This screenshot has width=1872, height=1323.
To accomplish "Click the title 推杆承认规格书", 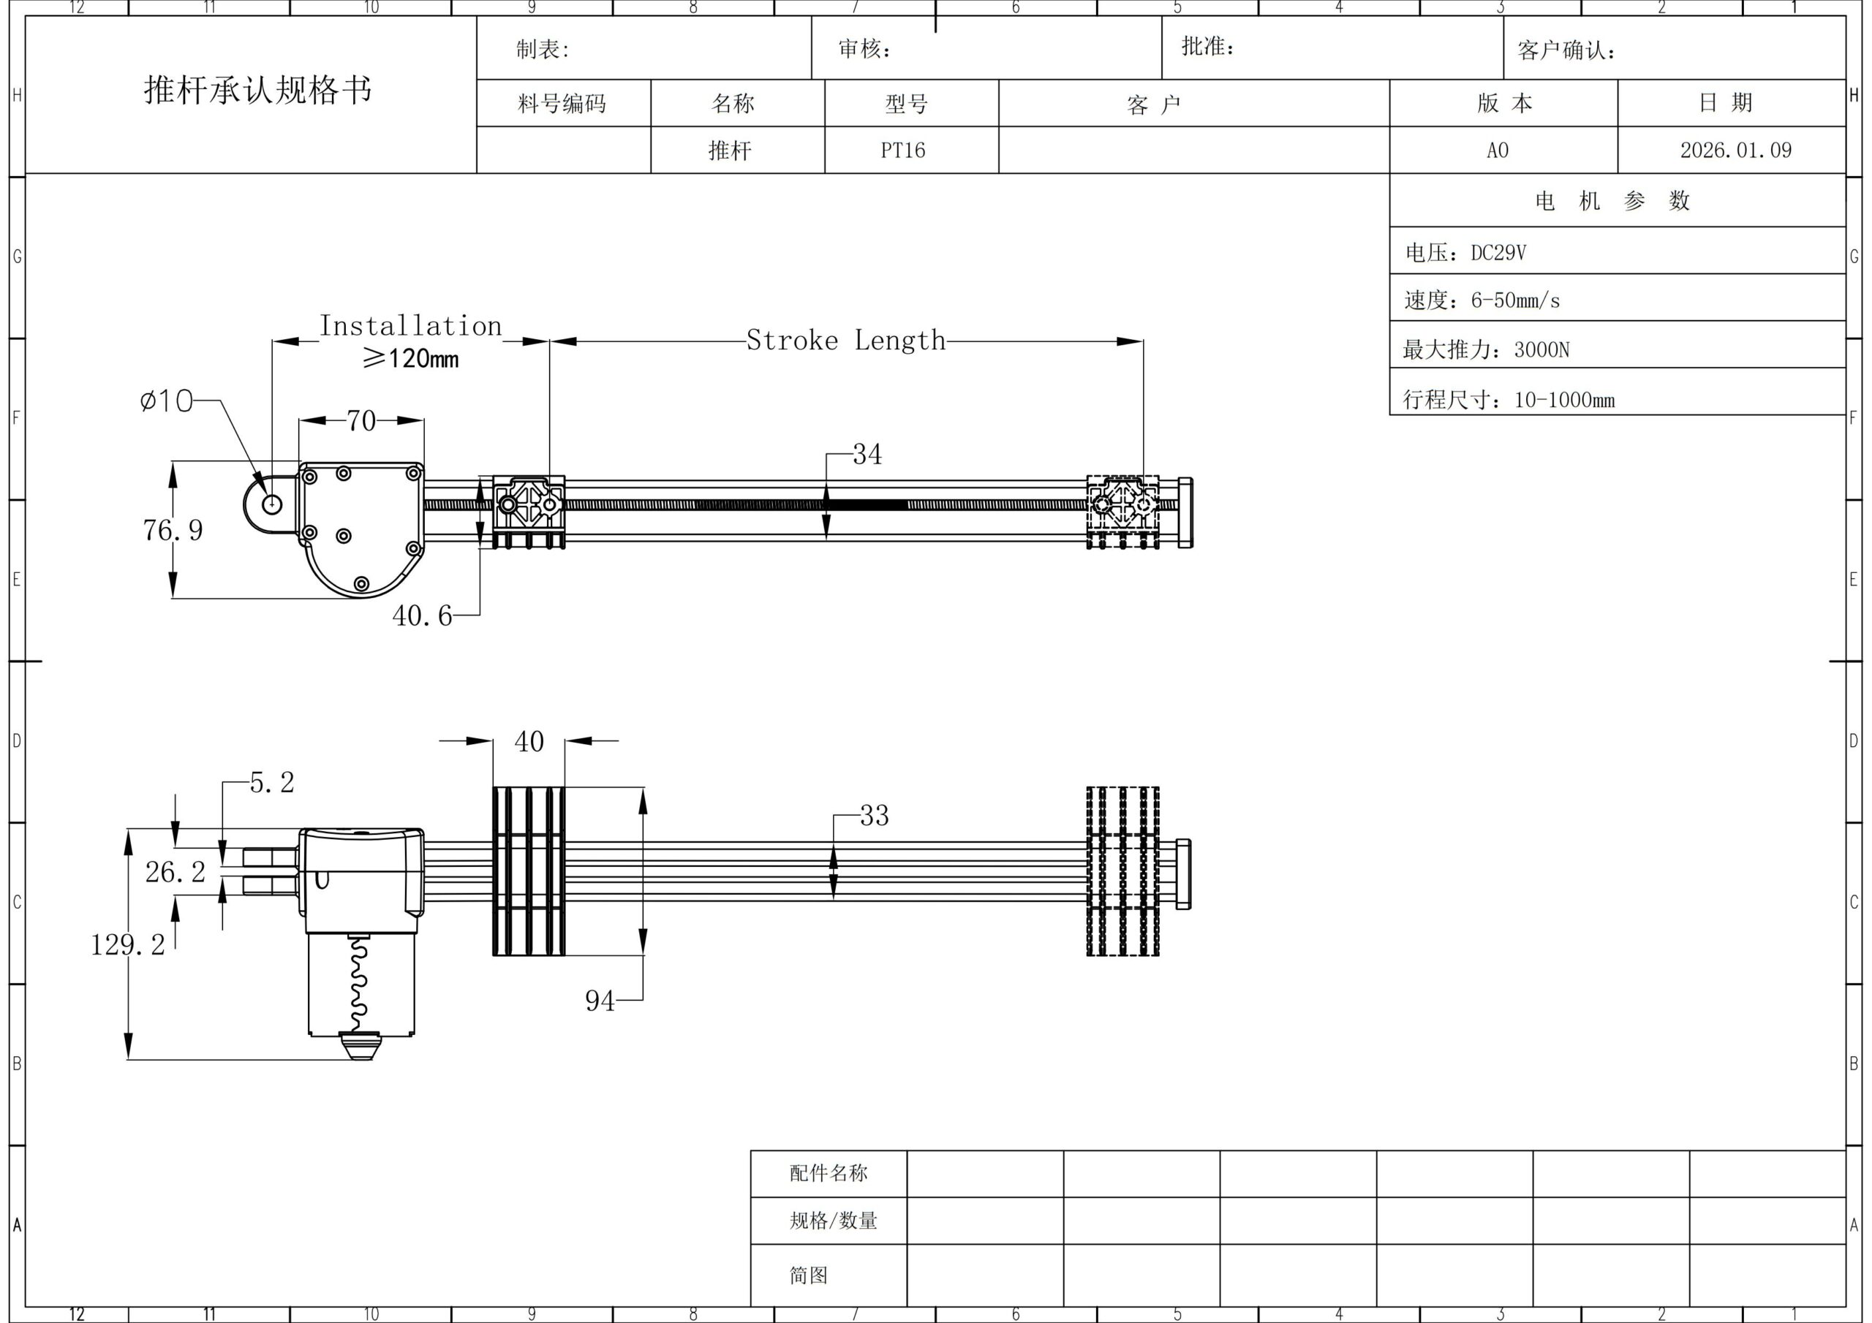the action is tap(257, 90).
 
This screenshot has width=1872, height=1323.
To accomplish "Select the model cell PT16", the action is tap(902, 151).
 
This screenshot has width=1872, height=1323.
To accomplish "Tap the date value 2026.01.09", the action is tap(1736, 150).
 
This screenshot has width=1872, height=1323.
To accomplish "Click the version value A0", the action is tap(1498, 151).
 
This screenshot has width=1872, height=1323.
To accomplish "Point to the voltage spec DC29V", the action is tap(1498, 253).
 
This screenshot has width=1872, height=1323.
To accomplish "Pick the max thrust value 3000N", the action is tap(1541, 349).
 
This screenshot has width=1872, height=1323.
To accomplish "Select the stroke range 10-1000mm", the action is tap(1564, 399).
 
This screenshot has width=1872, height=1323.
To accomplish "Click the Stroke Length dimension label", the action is tap(845, 340).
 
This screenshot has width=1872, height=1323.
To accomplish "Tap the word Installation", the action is tap(410, 326).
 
